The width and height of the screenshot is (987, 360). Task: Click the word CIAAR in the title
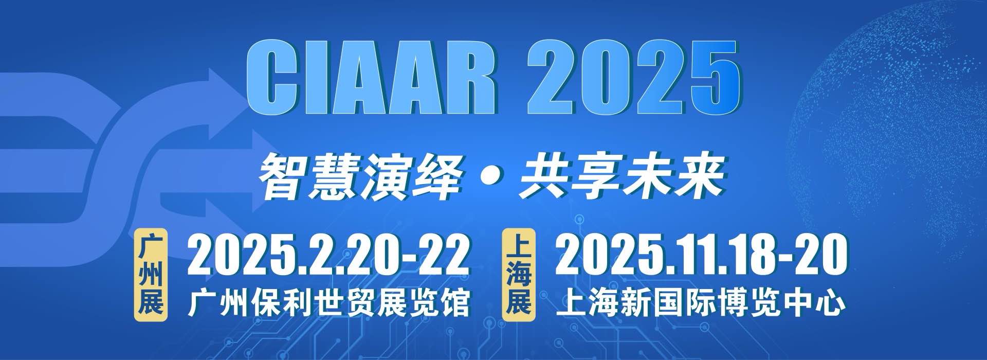(x=372, y=79)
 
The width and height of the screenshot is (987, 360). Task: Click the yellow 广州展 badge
(x=151, y=275)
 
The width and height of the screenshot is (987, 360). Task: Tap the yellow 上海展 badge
(x=518, y=275)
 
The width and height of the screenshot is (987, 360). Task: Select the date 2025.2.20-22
(x=328, y=254)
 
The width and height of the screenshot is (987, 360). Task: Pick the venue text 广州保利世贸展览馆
(x=329, y=303)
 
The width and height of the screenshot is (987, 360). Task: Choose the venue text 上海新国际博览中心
(x=701, y=303)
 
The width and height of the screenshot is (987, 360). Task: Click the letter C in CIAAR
(x=272, y=79)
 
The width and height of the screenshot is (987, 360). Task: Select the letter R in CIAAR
(x=468, y=79)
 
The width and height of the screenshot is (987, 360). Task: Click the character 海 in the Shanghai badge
(x=518, y=275)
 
